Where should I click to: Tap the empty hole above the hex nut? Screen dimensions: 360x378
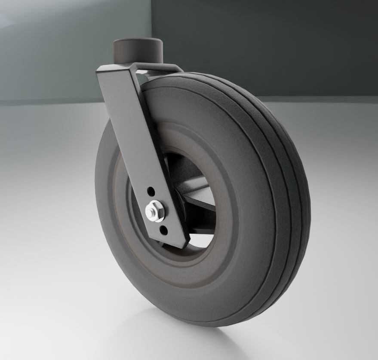[150, 190]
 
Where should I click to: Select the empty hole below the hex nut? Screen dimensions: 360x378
[163, 231]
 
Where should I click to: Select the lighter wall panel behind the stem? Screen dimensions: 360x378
[65, 47]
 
